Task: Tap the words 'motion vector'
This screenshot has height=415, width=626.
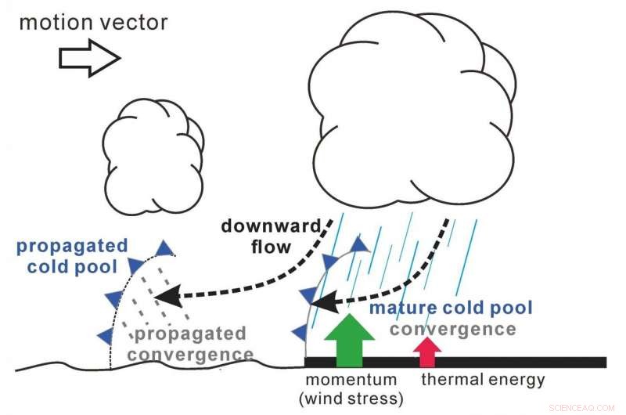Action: tap(93, 21)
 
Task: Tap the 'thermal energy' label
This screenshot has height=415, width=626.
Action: tap(483, 380)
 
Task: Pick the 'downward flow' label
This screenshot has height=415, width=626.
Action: tap(270, 234)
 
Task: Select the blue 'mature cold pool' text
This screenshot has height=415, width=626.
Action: tap(450, 307)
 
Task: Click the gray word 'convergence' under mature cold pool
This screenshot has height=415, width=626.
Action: tap(453, 329)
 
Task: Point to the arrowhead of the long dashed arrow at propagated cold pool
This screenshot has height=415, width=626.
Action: tap(166, 297)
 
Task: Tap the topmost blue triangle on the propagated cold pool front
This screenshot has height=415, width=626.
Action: tap(164, 249)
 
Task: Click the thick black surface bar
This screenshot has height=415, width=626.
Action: tap(469, 362)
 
